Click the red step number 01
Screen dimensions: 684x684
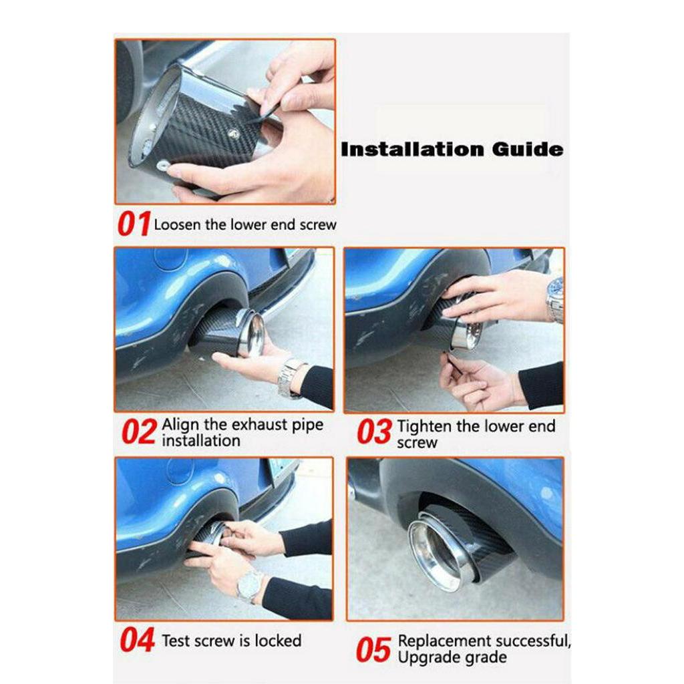click(x=134, y=224)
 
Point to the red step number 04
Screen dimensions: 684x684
click(x=138, y=639)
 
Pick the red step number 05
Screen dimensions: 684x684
click(x=373, y=650)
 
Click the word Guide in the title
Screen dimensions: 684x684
click(x=528, y=149)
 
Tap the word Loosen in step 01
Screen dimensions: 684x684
click(x=178, y=224)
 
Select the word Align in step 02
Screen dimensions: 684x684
click(x=180, y=425)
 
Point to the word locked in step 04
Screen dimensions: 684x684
click(x=278, y=641)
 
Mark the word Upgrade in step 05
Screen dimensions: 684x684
click(x=425, y=657)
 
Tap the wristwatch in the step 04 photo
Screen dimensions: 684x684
click(x=250, y=585)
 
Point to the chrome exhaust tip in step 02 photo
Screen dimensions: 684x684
click(x=252, y=334)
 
